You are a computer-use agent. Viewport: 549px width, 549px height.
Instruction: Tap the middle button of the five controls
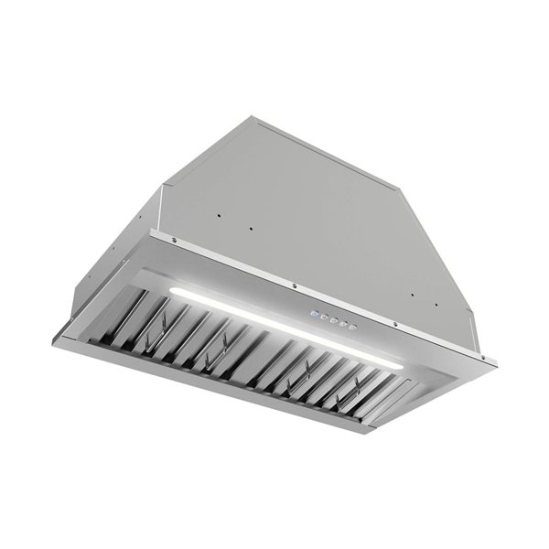[332, 319]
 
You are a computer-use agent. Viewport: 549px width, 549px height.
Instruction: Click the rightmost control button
[351, 325]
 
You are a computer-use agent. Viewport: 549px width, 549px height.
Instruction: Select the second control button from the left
[322, 318]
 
